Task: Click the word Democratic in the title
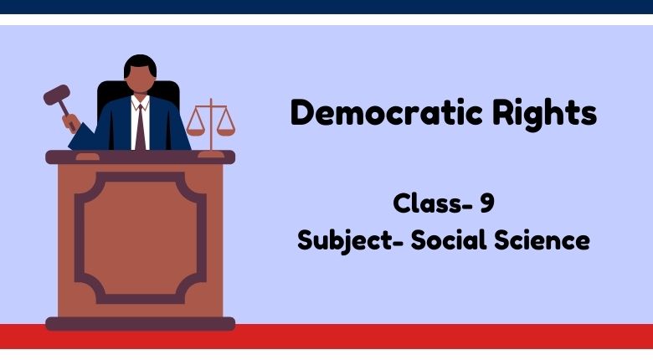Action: click(x=387, y=112)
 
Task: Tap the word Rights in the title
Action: click(x=545, y=115)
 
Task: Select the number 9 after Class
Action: click(x=487, y=203)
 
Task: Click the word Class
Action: click(x=428, y=203)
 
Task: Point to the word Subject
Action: click(x=345, y=241)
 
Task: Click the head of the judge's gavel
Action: click(x=57, y=95)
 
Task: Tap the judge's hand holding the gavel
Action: click(x=71, y=122)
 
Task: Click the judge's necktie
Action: click(x=141, y=127)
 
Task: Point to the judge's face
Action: click(x=141, y=80)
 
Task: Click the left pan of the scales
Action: click(x=195, y=132)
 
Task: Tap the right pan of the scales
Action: click(x=226, y=132)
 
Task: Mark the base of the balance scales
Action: click(x=211, y=155)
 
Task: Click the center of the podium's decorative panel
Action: click(x=141, y=238)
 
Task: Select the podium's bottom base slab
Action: click(x=141, y=324)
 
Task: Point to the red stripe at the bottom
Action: click(x=326, y=337)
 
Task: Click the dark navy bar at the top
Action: click(x=326, y=7)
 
